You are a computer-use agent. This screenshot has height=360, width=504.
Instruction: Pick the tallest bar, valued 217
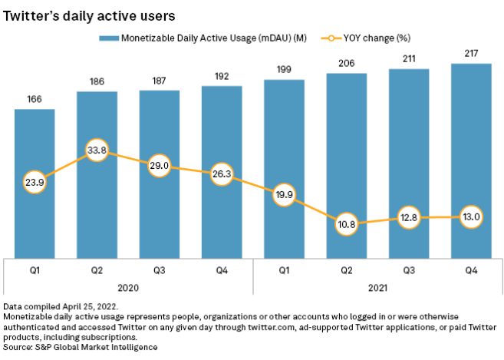pos(470,161)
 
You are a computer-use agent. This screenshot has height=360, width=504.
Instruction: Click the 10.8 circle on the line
pos(345,224)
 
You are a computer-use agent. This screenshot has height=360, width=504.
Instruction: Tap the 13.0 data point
pos(471,217)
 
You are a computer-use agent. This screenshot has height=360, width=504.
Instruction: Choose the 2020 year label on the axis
pos(127,289)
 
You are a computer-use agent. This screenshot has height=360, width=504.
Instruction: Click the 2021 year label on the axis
pos(377,289)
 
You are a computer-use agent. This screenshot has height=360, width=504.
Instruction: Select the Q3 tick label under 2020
pos(159,271)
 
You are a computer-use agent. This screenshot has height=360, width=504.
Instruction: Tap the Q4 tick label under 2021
pos(471,271)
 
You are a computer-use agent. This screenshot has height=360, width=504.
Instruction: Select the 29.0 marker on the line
pos(160,165)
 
